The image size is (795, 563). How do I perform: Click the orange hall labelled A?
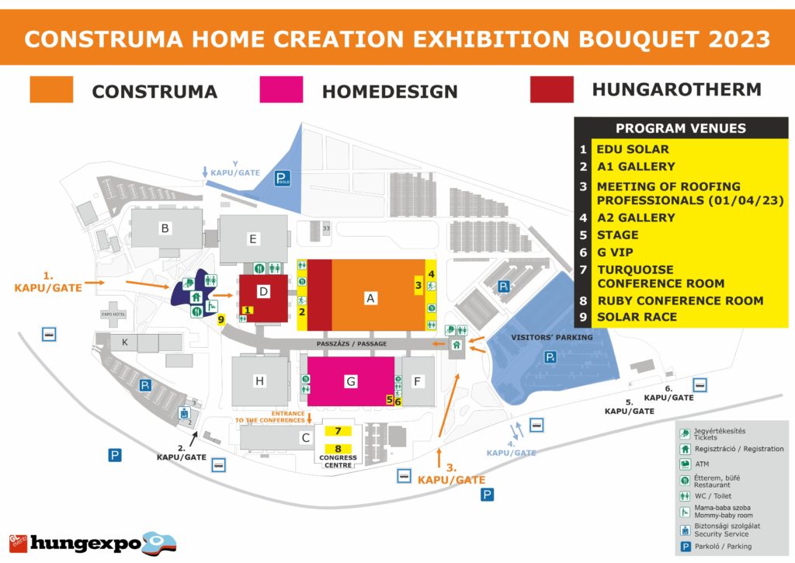(370, 297)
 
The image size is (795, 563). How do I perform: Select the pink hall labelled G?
(351, 381)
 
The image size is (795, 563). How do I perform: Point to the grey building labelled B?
(164, 228)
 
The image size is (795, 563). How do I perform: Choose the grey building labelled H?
(260, 381)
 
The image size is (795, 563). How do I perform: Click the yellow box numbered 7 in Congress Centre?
(338, 431)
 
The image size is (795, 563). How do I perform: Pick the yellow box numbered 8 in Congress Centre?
(338, 448)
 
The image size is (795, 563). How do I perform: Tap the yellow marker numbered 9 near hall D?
(221, 319)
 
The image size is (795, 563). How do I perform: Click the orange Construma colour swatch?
(51, 89)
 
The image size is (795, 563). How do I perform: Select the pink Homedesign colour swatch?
(281, 89)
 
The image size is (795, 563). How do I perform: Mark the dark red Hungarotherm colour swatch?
(551, 89)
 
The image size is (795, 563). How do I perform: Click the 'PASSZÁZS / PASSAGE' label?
(352, 343)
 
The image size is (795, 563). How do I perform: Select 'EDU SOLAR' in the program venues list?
(632, 149)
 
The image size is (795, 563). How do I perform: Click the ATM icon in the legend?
(686, 464)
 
